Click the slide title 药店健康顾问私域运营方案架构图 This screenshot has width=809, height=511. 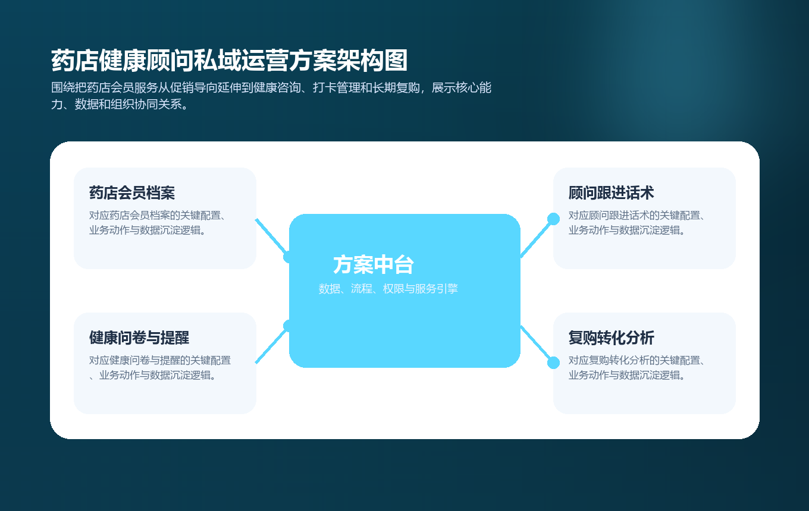pyautogui.click(x=230, y=61)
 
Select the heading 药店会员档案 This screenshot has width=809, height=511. pyautogui.click(x=132, y=193)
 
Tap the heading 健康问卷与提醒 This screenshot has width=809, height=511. pyautogui.click(x=139, y=338)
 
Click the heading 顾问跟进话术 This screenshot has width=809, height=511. pyautogui.click(x=612, y=193)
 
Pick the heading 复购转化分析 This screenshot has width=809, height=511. pyautogui.click(x=612, y=338)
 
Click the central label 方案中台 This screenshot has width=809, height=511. pyautogui.click(x=374, y=265)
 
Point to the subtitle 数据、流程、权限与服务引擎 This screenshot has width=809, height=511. pyautogui.click(x=388, y=289)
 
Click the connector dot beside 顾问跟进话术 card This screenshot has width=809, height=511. pyautogui.click(x=553, y=219)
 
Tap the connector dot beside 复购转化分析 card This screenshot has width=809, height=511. pyautogui.click(x=553, y=362)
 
